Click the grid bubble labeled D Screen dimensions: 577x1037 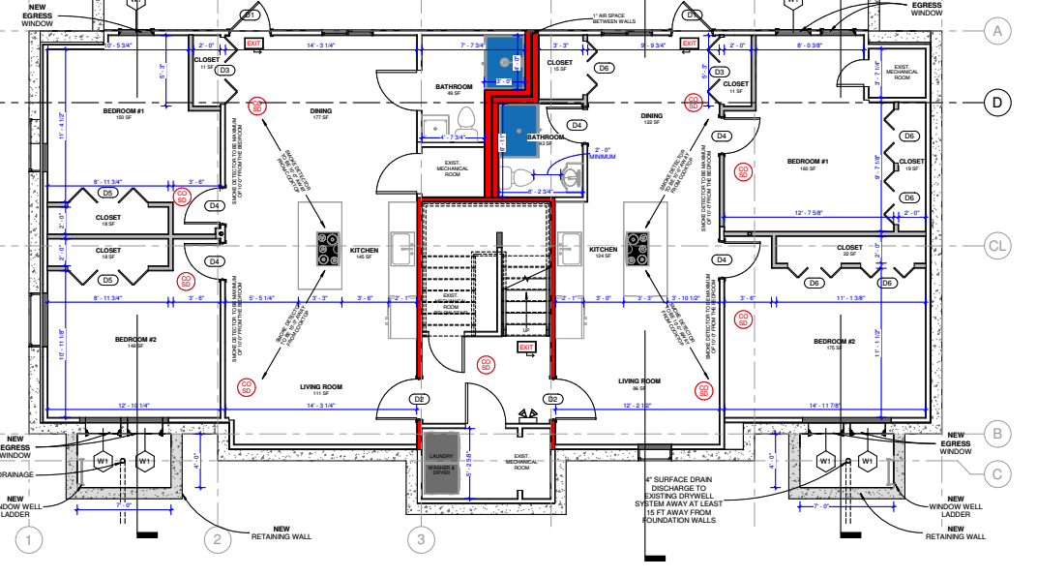996,102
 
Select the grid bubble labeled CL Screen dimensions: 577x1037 996,246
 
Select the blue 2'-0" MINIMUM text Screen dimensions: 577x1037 606,152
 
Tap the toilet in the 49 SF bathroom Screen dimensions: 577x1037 465,120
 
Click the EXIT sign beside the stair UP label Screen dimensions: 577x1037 526,347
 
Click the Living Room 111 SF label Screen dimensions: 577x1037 321,389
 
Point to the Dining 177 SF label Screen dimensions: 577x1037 321,113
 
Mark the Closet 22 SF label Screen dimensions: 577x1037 849,250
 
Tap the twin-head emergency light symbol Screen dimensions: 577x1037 527,416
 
